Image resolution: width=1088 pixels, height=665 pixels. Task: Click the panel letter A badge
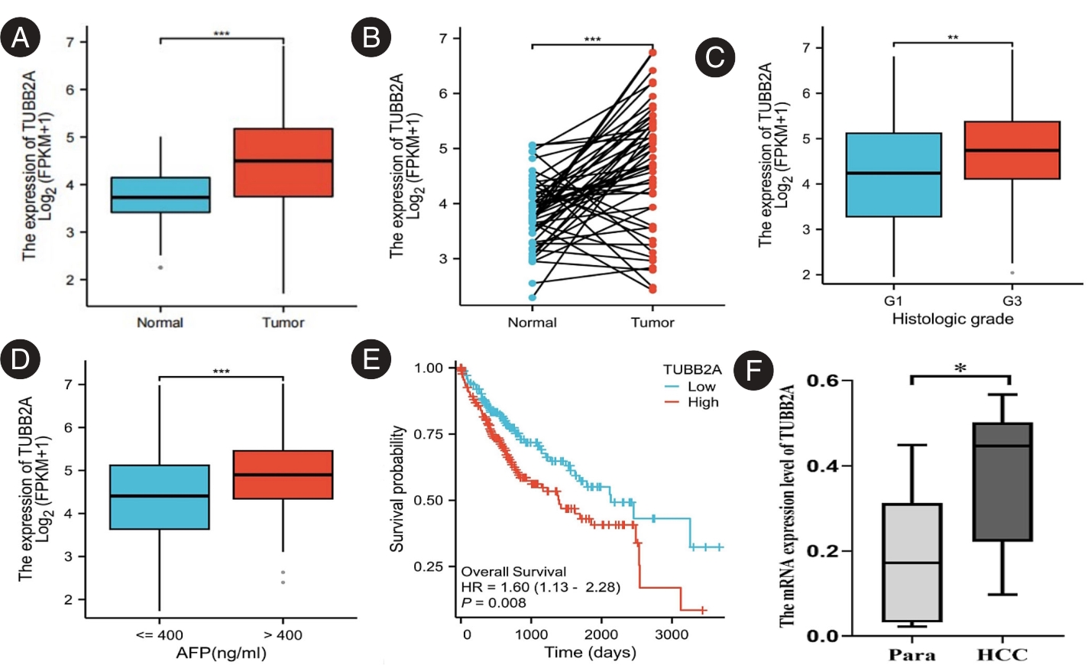coord(21,37)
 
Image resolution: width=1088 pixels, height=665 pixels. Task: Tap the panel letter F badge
coord(753,371)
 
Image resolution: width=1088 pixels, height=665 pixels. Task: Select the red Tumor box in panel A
coord(283,163)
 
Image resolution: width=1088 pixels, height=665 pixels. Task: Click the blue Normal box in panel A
coord(160,195)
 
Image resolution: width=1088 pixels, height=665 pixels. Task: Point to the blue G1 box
coord(893,175)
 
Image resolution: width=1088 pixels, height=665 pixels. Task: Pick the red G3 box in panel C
coord(1012,150)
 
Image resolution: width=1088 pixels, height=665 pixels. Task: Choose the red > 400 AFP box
coord(283,475)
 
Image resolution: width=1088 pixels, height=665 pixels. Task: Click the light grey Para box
coord(912,562)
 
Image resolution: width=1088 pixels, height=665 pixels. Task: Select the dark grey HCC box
coord(1002,482)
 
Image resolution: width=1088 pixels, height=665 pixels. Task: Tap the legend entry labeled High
coord(702,403)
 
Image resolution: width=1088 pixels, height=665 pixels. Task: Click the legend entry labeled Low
coord(701,387)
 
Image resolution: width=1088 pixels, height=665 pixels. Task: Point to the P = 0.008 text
coord(494,603)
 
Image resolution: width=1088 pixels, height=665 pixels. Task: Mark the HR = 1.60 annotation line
coord(540,587)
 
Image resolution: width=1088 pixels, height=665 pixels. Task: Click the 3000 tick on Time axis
coord(671,634)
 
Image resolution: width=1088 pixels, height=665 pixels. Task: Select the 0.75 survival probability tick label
coord(429,434)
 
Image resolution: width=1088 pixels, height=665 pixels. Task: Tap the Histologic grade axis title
coord(952,319)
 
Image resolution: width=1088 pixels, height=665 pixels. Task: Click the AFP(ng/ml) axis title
coord(221,653)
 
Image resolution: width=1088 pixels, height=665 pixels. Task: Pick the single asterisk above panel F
coord(960,368)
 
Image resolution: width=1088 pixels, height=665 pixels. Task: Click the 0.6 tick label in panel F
coord(822,381)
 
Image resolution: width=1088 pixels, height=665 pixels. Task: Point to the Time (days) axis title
coord(590,652)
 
